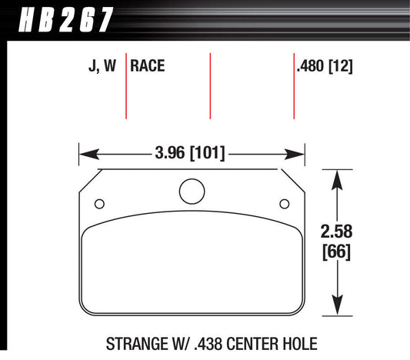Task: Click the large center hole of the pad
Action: [x=192, y=191]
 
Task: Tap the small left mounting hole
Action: [x=98, y=204]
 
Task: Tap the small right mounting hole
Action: [x=284, y=204]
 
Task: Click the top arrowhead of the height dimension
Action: [x=336, y=178]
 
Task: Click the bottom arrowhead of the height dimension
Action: [x=336, y=307]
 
